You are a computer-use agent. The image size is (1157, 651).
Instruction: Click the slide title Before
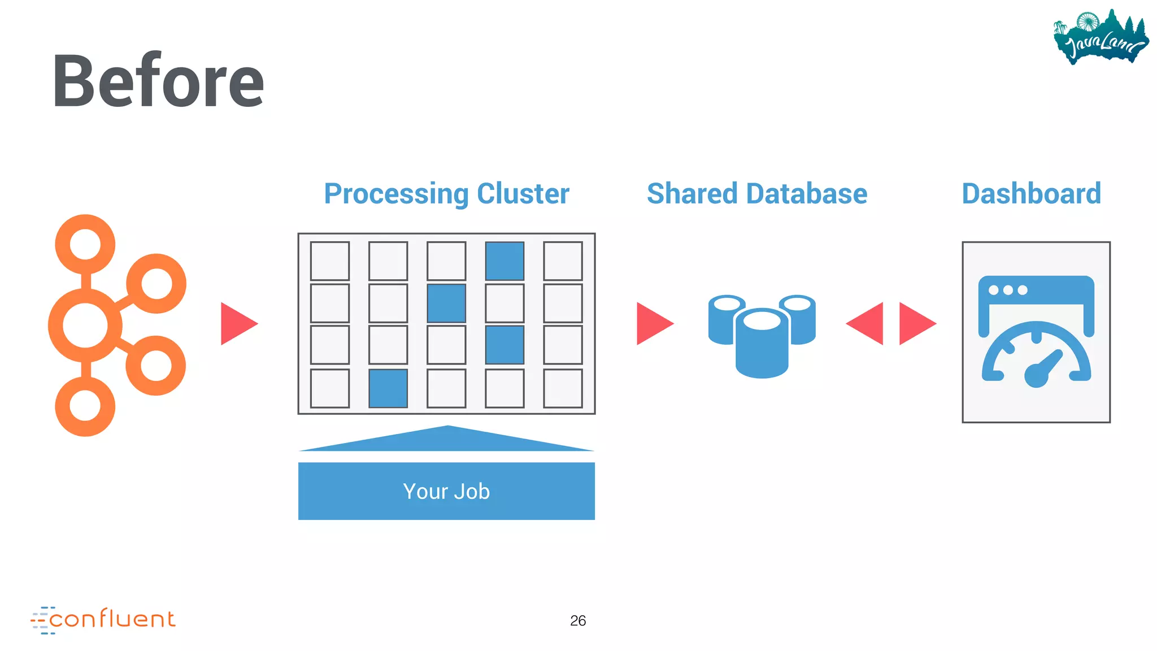158,81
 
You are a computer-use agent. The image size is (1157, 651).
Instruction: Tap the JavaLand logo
1101,38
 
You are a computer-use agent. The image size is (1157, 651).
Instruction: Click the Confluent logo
103,620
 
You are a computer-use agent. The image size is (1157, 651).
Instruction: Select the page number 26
577,620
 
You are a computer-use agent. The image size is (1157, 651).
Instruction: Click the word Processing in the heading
395,194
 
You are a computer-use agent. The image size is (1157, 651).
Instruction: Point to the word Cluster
523,194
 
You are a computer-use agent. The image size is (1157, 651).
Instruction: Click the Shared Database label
756,194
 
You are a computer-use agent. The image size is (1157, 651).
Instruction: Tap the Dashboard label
1031,194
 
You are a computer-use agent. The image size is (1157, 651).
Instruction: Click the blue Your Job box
446,491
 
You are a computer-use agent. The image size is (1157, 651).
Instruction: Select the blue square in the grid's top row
504,261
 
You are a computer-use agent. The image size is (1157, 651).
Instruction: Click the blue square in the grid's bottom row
388,389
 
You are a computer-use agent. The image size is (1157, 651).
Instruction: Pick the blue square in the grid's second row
446,303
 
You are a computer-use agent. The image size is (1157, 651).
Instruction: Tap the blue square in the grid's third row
504,345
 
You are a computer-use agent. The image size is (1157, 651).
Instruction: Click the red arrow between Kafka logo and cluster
237,324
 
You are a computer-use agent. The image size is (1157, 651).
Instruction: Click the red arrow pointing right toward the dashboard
915,324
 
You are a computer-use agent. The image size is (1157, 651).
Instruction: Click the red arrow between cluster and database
653,324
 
